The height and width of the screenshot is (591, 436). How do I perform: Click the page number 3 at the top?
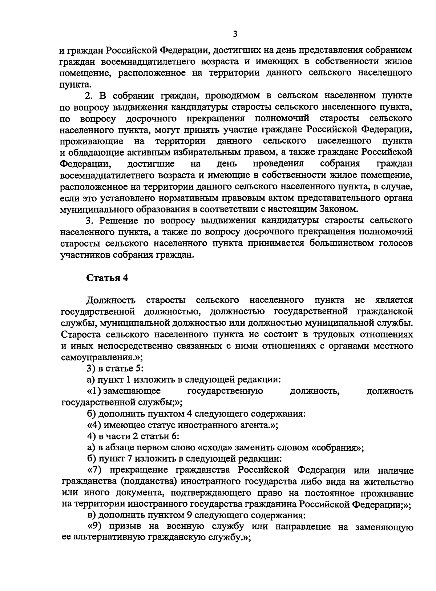(x=235, y=35)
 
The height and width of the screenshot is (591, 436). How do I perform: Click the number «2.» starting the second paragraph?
(x=89, y=96)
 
